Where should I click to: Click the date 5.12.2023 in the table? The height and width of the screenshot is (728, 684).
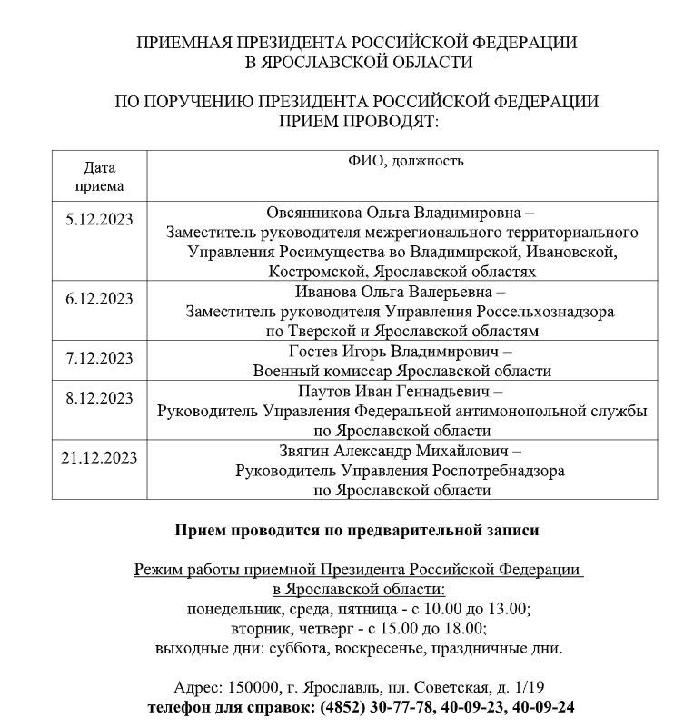(99, 219)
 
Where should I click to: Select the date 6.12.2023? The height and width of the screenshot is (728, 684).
(99, 299)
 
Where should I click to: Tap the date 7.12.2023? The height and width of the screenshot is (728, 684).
(99, 357)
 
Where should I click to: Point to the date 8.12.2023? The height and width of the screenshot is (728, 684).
(99, 398)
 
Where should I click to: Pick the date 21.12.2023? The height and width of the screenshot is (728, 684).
(99, 457)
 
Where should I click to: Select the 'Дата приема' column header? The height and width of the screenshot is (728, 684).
(99, 177)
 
